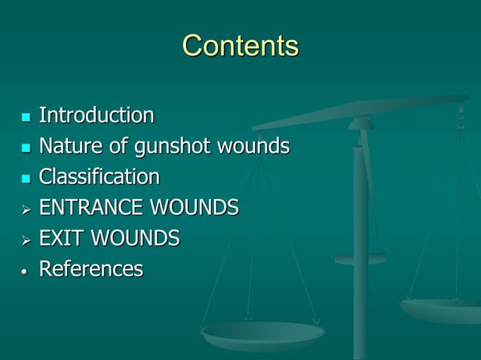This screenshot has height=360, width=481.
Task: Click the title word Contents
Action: pyautogui.click(x=240, y=46)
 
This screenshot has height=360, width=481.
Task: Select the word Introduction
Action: pyautogui.click(x=96, y=116)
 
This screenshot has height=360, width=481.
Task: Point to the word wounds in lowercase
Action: pyautogui.click(x=253, y=147)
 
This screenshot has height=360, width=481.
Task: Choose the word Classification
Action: pyautogui.click(x=99, y=177)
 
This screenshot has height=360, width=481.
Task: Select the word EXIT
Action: pyautogui.click(x=62, y=239)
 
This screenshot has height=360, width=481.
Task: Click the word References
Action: pyautogui.click(x=90, y=270)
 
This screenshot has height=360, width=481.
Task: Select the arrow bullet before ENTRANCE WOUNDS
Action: pyautogui.click(x=26, y=209)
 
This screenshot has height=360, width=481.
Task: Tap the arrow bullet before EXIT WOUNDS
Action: pyautogui.click(x=26, y=239)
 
